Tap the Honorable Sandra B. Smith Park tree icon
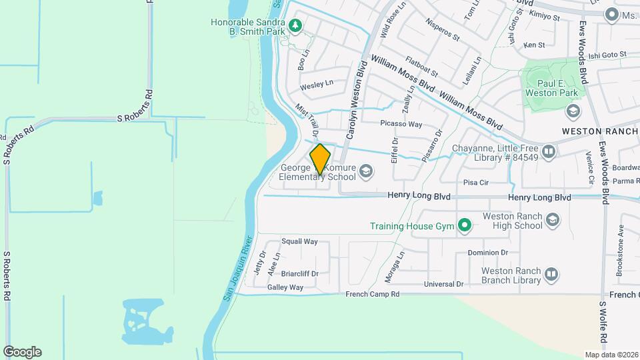pyautogui.click(x=295, y=27)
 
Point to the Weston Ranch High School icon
pyautogui.click(x=552, y=220)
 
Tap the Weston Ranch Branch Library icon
pyautogui.click(x=551, y=274)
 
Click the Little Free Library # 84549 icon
pyautogui.click(x=549, y=152)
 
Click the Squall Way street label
pyautogui.click(x=299, y=241)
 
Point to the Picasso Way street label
pyautogui.click(x=401, y=124)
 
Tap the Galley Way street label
pyautogui.click(x=285, y=287)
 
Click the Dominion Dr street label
pyautogui.click(x=487, y=253)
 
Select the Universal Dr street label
pyautogui.click(x=443, y=284)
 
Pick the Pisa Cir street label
pyautogui.click(x=477, y=182)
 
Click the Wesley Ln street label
pyautogui.click(x=316, y=85)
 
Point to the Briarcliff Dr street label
pyautogui.click(x=300, y=273)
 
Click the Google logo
pyautogui.click(x=22, y=352)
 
